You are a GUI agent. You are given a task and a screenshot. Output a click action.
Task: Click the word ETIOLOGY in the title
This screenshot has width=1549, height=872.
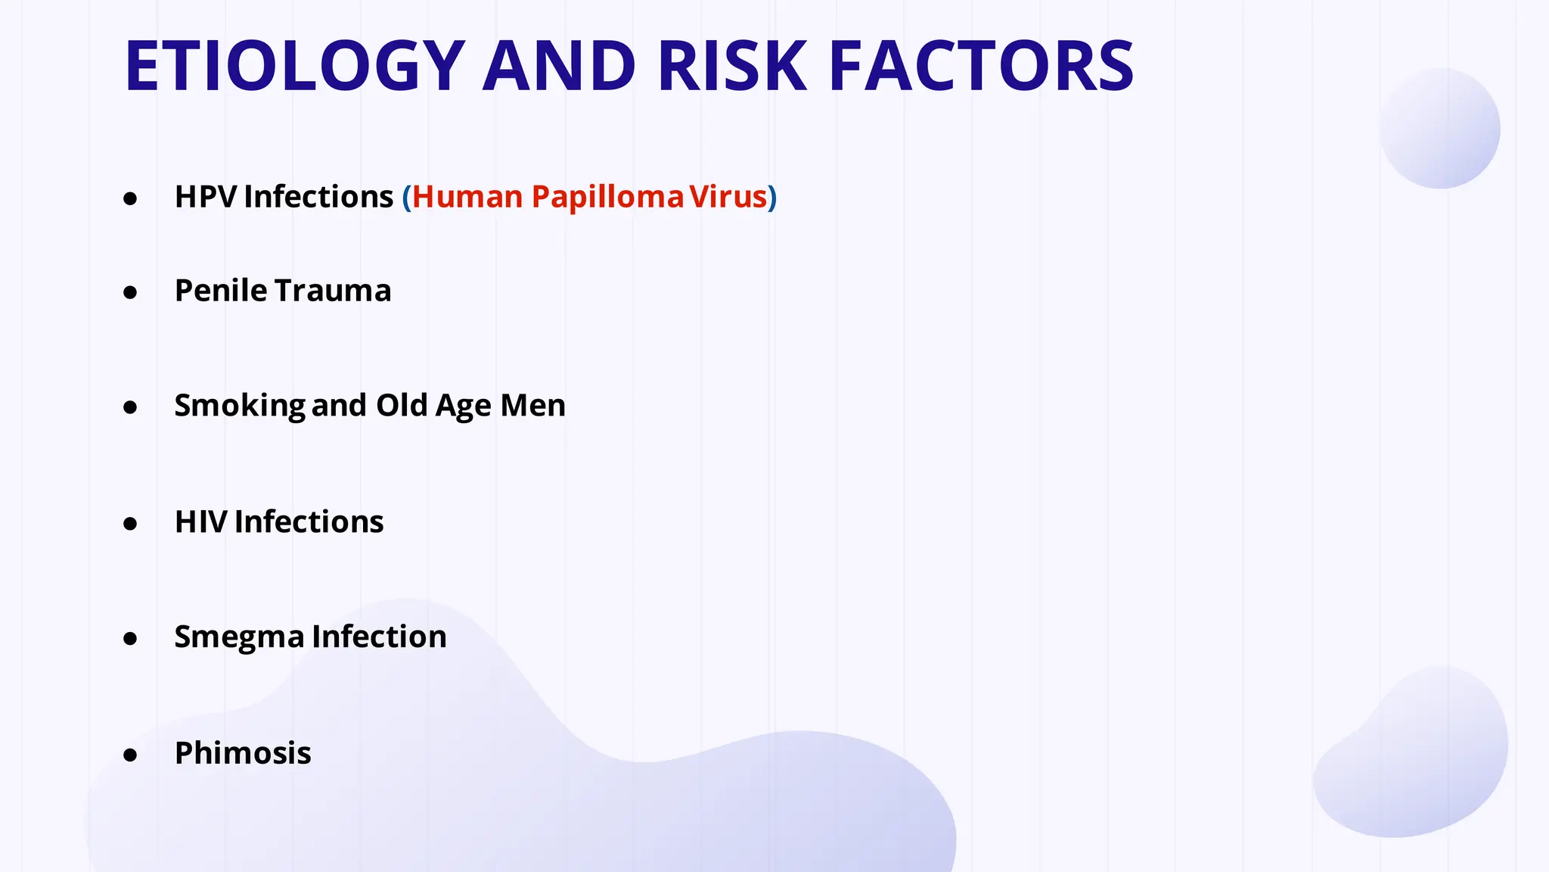tap(294, 67)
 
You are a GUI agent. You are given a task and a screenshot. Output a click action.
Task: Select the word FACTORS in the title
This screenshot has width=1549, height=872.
tap(981, 67)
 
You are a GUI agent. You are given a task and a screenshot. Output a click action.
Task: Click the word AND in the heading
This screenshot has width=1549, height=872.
tap(559, 67)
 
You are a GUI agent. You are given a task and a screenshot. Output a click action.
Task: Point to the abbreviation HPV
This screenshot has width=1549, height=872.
tap(206, 197)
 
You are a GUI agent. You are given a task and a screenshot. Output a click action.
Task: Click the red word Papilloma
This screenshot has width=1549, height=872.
tap(607, 197)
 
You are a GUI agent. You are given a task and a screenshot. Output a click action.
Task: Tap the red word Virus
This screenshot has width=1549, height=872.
tap(728, 197)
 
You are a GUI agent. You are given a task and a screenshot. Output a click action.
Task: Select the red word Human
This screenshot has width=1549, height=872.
tap(467, 197)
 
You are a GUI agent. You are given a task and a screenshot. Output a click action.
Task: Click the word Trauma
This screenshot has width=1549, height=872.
tap(333, 291)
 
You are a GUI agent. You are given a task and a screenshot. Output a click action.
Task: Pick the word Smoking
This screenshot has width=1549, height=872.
tap(239, 406)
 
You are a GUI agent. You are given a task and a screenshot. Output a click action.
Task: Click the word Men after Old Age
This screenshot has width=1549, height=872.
tap(532, 406)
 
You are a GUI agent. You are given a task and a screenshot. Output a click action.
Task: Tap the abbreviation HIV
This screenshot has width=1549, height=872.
tap(200, 522)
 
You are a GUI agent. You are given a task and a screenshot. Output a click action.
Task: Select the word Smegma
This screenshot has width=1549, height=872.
tap(239, 637)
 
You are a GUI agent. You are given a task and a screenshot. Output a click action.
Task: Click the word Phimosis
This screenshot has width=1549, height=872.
tap(243, 753)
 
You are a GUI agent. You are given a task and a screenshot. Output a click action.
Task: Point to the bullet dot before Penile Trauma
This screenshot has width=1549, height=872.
tap(130, 293)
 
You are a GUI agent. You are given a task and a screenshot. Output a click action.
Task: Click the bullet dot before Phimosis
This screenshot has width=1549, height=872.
tap(130, 755)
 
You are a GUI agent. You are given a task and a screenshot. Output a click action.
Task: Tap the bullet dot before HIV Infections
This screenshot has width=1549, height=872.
tap(130, 524)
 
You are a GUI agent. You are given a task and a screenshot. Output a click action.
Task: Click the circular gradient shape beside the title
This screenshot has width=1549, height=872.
tap(1439, 129)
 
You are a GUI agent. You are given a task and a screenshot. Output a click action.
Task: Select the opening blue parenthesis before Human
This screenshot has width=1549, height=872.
tap(407, 198)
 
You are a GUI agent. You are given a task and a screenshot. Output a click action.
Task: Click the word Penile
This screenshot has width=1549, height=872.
tap(221, 291)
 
